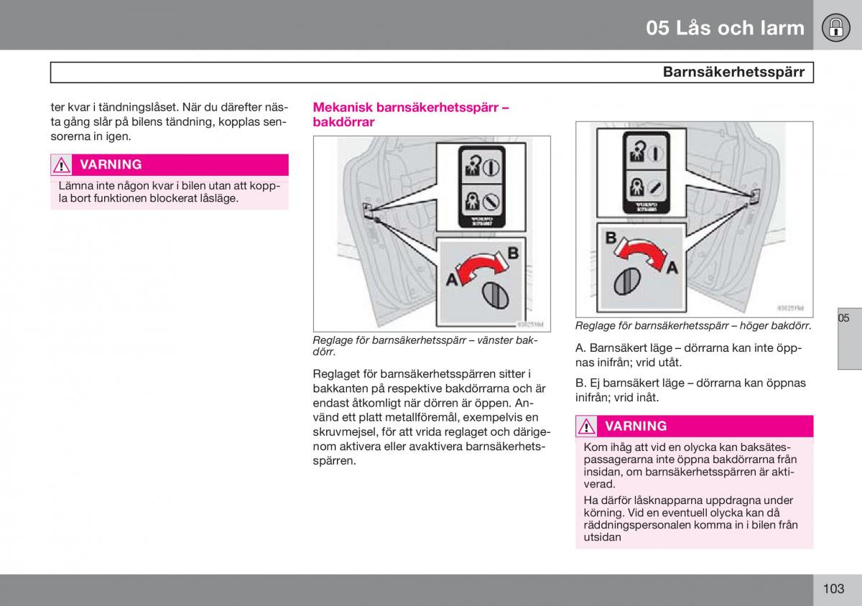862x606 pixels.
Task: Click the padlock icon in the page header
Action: click(x=835, y=27)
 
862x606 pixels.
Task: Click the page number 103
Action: click(x=833, y=589)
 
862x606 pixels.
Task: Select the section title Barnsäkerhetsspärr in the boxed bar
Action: click(x=733, y=72)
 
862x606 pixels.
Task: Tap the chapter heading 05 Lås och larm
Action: click(x=725, y=28)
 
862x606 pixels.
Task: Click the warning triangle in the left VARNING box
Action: click(x=61, y=165)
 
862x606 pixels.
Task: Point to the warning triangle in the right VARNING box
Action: click(x=586, y=426)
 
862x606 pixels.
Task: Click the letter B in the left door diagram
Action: click(x=513, y=253)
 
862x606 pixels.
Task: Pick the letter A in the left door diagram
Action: click(x=452, y=280)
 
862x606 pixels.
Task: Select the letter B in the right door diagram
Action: click(x=611, y=238)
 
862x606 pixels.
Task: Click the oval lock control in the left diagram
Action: click(x=493, y=295)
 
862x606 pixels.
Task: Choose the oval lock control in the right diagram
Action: click(x=627, y=280)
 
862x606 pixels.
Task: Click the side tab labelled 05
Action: click(x=844, y=318)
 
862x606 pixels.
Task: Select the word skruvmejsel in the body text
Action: click(x=342, y=432)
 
